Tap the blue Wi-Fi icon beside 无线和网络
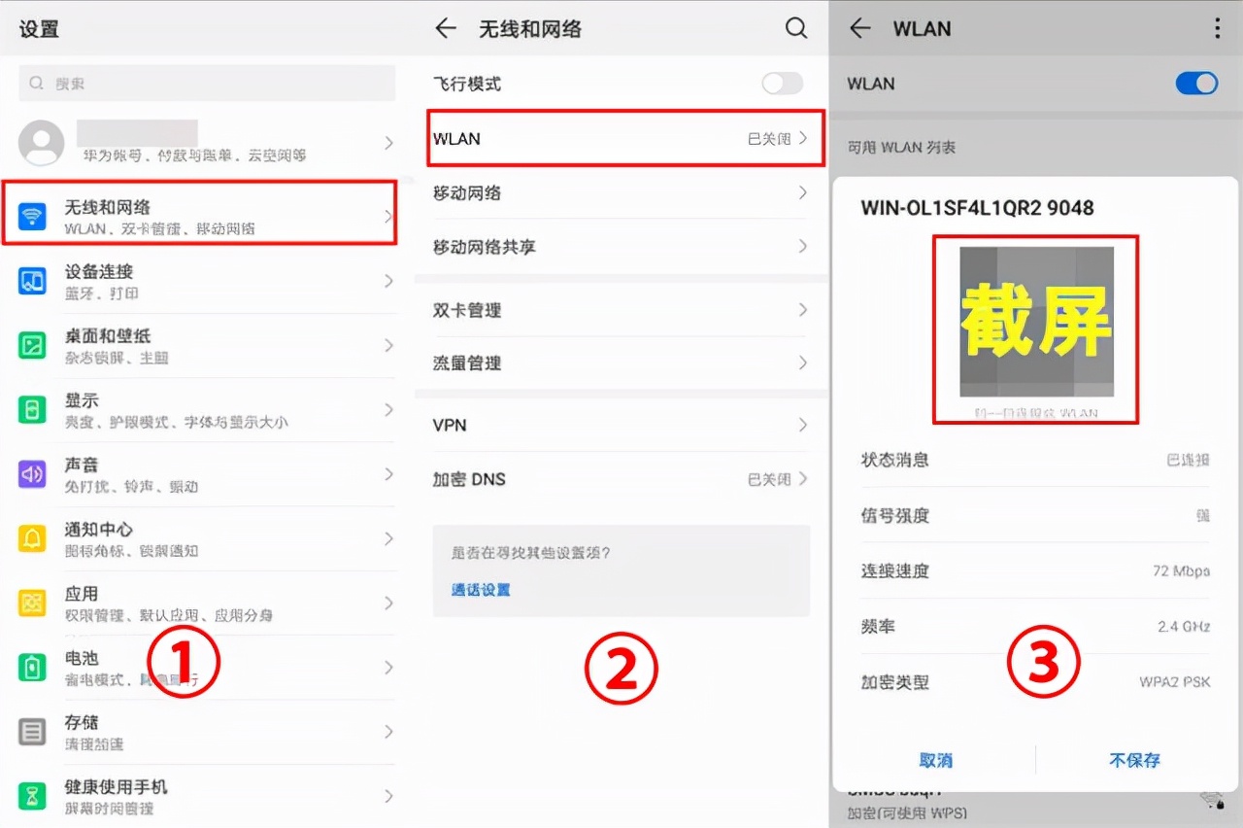click(33, 217)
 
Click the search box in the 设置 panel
click(207, 84)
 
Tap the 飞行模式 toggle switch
click(782, 84)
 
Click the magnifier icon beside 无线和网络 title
click(796, 29)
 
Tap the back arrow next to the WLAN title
click(859, 29)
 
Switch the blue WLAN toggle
click(1196, 84)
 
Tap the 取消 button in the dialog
click(936, 760)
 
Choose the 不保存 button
click(1134, 760)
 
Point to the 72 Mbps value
click(1181, 571)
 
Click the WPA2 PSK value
click(1175, 682)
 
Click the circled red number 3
click(1043, 664)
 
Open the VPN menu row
click(621, 425)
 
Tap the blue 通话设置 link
click(481, 590)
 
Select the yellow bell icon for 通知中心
click(33, 538)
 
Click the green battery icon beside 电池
click(33, 668)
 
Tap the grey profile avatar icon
click(42, 143)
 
